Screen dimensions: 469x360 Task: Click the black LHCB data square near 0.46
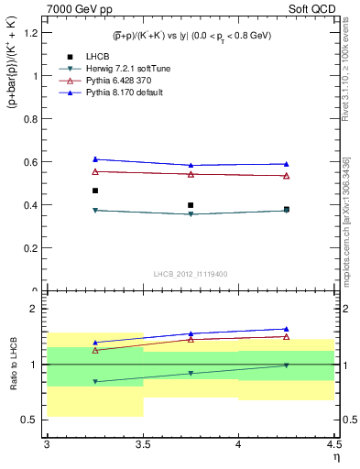pyautogui.click(x=94, y=191)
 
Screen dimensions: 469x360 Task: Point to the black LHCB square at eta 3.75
pyautogui.click(x=191, y=205)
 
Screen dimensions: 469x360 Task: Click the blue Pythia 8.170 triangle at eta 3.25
pyautogui.click(x=94, y=159)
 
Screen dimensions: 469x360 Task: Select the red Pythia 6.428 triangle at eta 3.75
pyautogui.click(x=191, y=174)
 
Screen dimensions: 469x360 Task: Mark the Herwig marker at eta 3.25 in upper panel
pyautogui.click(x=94, y=211)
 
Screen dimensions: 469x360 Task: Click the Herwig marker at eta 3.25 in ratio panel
pyautogui.click(x=94, y=381)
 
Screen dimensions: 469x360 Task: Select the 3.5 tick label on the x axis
pyautogui.click(x=142, y=445)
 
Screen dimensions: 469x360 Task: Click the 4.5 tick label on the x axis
pyautogui.click(x=333, y=445)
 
